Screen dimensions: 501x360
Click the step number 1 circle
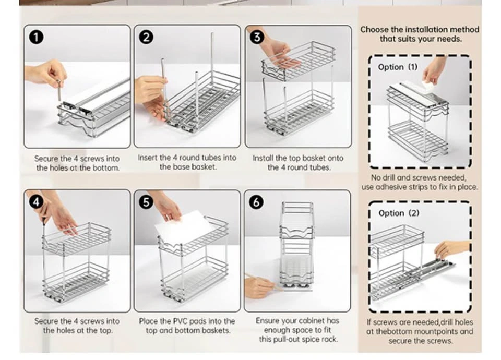[x=36, y=38]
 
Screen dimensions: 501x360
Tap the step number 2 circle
[x=146, y=38]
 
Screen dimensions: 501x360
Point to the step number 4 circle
[x=36, y=202]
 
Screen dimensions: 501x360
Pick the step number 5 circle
[x=146, y=202]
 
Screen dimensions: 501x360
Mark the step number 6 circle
[x=256, y=202]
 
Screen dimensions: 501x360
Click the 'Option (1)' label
[x=398, y=67]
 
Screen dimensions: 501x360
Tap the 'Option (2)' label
[x=399, y=213]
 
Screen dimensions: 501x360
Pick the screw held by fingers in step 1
[x=59, y=90]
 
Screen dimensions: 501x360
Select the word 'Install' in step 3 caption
[x=263, y=158]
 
